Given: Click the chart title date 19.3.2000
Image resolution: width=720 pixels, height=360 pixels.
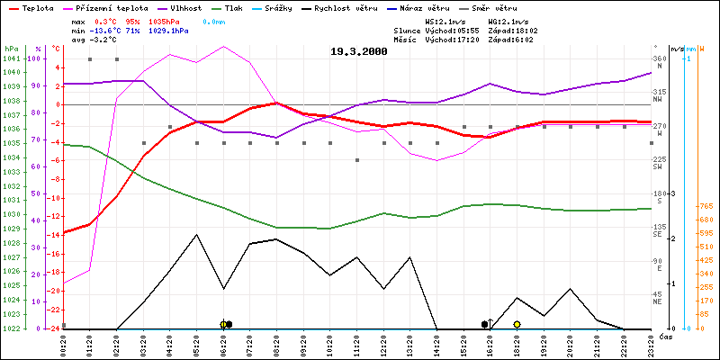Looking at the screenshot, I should click(x=359, y=52).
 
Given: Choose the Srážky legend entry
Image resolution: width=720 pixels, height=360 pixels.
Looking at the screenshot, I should click(x=274, y=6).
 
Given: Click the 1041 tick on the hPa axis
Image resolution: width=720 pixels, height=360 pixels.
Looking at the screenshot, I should click(x=11, y=58).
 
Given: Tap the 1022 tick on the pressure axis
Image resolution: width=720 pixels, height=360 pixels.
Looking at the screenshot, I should click(x=11, y=328).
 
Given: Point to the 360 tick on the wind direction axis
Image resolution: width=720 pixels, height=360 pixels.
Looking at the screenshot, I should click(x=658, y=58).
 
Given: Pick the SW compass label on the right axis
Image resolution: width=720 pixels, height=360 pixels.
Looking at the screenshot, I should click(x=658, y=167).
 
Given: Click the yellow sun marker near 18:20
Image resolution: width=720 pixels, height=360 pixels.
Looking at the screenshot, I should click(x=517, y=324).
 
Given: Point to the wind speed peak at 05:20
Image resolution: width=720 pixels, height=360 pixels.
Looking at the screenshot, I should click(x=196, y=234).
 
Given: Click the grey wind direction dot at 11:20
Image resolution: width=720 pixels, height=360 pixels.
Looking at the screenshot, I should click(x=356, y=160).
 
